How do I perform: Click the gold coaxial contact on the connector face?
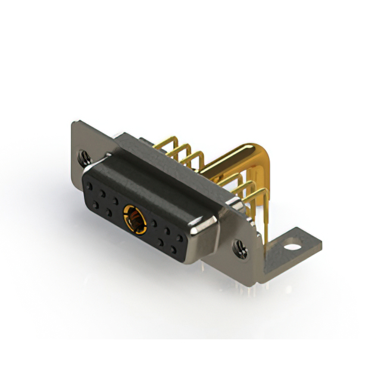coord(133,218)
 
